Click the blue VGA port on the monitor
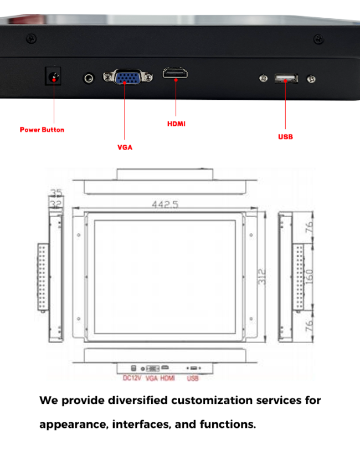(x=128, y=77)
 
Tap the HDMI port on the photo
(x=175, y=73)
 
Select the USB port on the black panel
(x=286, y=78)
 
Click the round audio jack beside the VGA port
(x=89, y=78)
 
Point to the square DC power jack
(x=53, y=76)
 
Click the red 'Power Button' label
(x=42, y=130)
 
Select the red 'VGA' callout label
(x=125, y=147)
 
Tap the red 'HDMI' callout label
(x=176, y=124)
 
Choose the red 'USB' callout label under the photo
(x=285, y=137)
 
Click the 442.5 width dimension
(x=165, y=205)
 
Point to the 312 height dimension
(x=261, y=277)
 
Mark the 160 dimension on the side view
(x=309, y=277)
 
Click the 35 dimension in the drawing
(x=56, y=192)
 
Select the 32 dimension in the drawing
(x=56, y=205)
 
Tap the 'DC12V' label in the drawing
(x=132, y=378)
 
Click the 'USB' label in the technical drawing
(x=193, y=378)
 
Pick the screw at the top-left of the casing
(x=32, y=38)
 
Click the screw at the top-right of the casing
(x=318, y=39)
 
